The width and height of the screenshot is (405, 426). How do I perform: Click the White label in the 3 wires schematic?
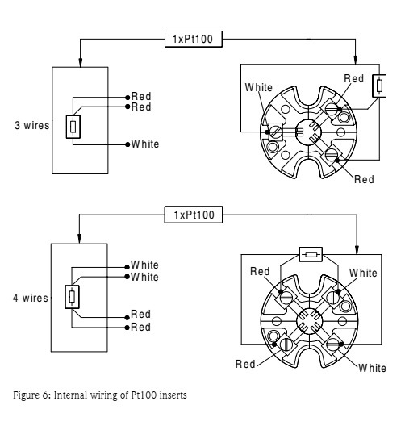point(145,144)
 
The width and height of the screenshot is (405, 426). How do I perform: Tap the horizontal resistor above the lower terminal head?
point(310,254)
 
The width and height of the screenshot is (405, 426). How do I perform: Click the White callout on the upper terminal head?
point(258,86)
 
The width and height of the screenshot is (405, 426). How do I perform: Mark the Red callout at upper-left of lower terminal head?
point(259,272)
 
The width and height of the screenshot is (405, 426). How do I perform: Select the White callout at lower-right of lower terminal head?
point(372,368)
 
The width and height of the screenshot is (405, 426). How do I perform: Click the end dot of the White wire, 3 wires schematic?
point(127,144)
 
